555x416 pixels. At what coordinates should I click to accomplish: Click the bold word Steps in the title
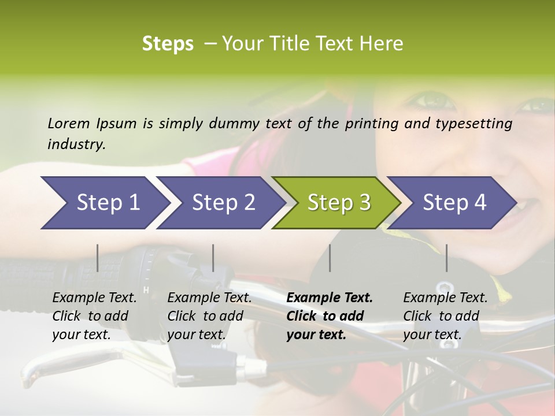click(168, 44)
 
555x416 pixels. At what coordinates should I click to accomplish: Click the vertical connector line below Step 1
click(98, 258)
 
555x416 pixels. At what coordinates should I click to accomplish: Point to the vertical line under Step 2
click(213, 258)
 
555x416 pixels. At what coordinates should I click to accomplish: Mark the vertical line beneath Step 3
click(330, 258)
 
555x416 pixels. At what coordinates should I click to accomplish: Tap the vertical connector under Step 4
click(446, 258)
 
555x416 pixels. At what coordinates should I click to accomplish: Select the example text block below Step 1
click(94, 316)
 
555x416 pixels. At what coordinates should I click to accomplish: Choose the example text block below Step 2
click(209, 316)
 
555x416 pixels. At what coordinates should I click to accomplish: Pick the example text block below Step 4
click(445, 316)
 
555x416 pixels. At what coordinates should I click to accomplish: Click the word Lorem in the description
click(69, 123)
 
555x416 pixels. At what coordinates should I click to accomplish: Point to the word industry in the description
click(76, 144)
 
